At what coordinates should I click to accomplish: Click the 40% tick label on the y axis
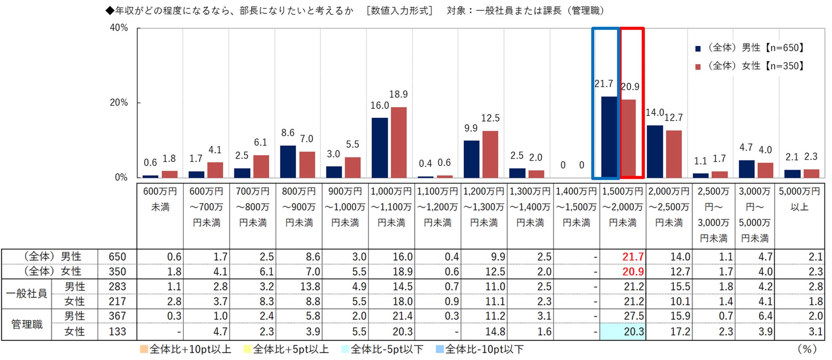[x=119, y=28]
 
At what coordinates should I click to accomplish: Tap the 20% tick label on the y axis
[x=119, y=102]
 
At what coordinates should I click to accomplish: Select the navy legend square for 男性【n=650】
[x=698, y=49]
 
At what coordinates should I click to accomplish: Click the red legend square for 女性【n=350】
[x=698, y=67]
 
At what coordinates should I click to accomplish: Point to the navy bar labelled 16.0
[x=380, y=148]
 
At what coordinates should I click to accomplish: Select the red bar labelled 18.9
[x=399, y=142]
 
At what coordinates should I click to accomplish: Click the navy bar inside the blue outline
[x=609, y=137]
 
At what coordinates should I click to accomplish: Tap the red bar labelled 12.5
[x=490, y=154]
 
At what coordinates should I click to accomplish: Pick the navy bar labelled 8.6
[x=288, y=161]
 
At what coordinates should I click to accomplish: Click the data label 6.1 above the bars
[x=260, y=142]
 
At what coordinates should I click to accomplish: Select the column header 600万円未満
[x=160, y=199]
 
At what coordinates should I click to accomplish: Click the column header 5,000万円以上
[x=799, y=199]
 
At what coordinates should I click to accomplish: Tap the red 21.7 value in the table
[x=632, y=257]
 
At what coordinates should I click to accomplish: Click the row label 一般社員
[x=26, y=294]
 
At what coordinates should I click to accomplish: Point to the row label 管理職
[x=26, y=324]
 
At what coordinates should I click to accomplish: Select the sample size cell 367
[x=117, y=316]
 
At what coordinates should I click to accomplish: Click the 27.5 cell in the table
[x=633, y=316]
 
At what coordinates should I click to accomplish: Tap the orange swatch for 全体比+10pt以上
[x=144, y=349]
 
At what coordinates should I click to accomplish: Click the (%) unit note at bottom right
[x=806, y=349]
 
